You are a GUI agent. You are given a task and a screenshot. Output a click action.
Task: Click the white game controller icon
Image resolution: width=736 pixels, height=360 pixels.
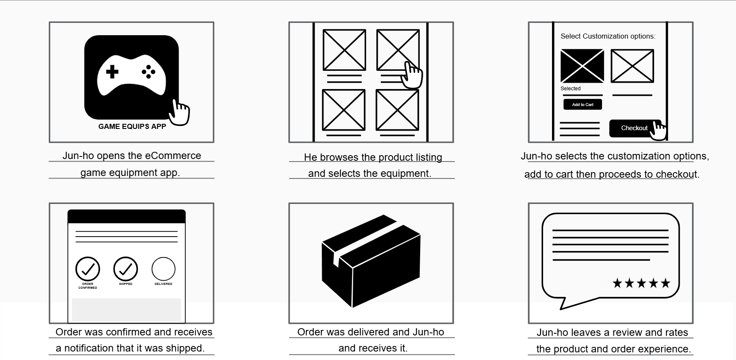(131, 75)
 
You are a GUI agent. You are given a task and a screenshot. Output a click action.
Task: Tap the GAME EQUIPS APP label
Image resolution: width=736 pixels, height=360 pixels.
(132, 126)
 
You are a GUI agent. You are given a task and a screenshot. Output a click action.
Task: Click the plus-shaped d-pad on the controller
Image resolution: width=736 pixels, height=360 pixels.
(112, 72)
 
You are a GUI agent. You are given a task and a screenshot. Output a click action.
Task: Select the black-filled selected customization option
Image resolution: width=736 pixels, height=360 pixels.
(582, 66)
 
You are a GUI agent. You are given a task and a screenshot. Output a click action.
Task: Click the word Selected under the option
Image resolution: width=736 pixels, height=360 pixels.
(570, 89)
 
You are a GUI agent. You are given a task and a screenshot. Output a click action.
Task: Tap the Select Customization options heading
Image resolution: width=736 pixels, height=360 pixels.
(608, 36)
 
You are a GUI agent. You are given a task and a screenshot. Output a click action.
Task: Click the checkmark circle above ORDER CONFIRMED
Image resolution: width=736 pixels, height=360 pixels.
(88, 269)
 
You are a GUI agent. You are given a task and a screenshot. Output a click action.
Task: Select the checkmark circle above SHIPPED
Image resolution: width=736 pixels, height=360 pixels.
(125, 269)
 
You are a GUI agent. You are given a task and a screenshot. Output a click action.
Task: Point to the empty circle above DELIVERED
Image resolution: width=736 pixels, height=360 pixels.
(163, 269)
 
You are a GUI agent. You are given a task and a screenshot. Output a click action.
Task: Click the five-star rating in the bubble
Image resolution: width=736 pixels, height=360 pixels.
(641, 283)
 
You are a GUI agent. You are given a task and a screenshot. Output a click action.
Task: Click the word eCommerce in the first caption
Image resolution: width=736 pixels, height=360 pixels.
(173, 156)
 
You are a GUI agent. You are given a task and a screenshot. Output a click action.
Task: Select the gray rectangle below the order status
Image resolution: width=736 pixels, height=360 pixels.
(126, 310)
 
